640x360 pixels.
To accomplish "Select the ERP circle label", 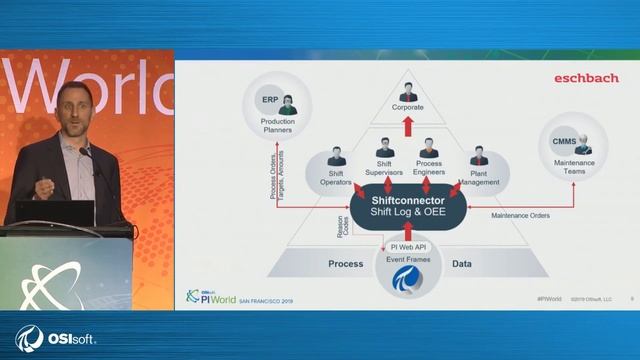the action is pyautogui.click(x=270, y=101).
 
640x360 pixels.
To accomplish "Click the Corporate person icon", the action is pyautogui.click(x=407, y=91).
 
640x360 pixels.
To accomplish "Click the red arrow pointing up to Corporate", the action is pyautogui.click(x=407, y=126).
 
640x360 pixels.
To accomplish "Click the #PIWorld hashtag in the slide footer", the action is pyautogui.click(x=549, y=298).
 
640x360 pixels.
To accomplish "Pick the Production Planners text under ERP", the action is pyautogui.click(x=271, y=125).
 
